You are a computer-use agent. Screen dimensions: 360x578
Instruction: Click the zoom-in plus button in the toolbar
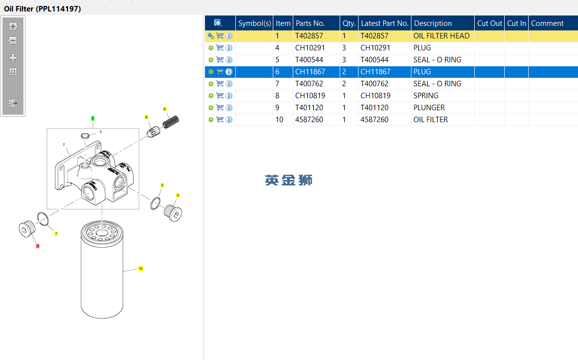click(x=13, y=26)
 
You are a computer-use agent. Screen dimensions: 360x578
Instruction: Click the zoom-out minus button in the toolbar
click(x=13, y=40)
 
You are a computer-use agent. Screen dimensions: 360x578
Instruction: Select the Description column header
click(x=433, y=23)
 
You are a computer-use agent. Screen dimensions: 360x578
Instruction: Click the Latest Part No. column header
click(x=385, y=23)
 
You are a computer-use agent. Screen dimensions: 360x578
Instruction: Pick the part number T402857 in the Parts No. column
click(x=309, y=36)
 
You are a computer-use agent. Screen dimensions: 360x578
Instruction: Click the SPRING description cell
click(x=426, y=96)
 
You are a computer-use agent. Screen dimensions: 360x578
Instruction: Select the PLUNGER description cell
click(x=429, y=108)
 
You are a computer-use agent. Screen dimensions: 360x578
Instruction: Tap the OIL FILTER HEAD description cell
click(x=441, y=36)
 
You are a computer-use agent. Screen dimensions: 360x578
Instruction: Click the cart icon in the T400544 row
click(x=220, y=60)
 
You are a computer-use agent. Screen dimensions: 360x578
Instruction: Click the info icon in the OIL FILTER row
click(x=229, y=120)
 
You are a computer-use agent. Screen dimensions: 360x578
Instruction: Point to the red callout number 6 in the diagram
click(x=37, y=246)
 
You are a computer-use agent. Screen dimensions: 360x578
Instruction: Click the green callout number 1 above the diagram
click(x=93, y=118)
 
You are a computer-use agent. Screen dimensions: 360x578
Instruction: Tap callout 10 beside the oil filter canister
click(x=141, y=269)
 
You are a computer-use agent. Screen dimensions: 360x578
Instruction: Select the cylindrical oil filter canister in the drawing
click(x=101, y=272)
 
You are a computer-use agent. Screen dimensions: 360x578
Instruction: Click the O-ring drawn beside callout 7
click(x=43, y=219)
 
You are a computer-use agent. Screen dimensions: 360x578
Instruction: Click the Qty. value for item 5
click(x=344, y=60)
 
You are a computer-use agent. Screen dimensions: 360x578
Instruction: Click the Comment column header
click(x=547, y=23)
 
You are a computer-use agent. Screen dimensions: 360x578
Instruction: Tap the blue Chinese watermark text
click(x=288, y=180)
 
